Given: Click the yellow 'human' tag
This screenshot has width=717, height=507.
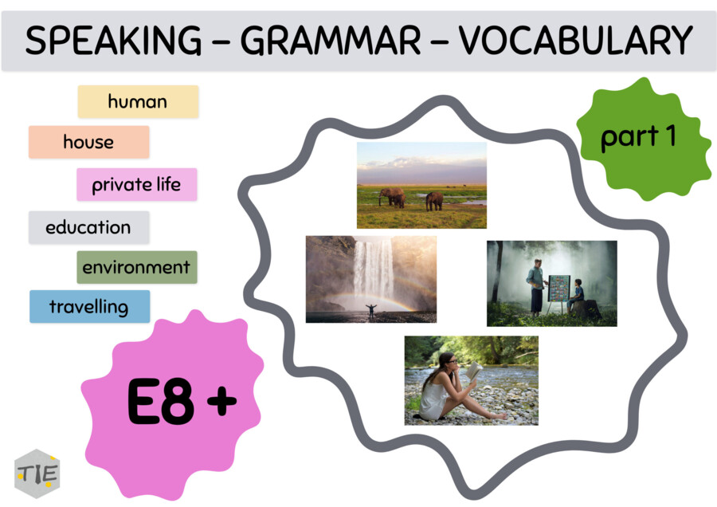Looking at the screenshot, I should pos(138,101).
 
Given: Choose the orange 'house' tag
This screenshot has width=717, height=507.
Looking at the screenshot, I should pos(88,142).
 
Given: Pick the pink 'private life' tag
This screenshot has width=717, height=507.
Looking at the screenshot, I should pos(136,184).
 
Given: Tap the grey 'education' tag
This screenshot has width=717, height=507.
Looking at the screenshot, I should pos(88,226).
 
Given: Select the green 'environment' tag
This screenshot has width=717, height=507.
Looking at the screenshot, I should pos(136,267).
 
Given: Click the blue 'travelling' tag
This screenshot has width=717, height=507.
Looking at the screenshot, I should pos(89,306).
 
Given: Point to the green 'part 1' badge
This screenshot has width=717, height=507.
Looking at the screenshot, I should pos(640,137).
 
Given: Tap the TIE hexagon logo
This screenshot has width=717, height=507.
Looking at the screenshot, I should pos(37,473).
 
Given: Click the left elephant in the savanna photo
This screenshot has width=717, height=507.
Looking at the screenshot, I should pos(392,197).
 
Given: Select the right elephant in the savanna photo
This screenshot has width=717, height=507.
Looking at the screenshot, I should pos(433,200).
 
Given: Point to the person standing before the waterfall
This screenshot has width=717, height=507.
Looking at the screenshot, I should pos(370,309).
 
